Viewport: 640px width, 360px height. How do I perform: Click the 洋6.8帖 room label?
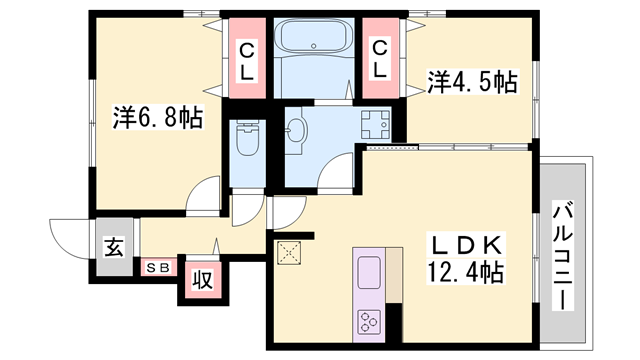[x=158, y=117]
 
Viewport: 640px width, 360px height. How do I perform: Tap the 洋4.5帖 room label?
[x=473, y=82]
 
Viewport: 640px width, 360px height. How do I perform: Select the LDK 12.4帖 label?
[x=466, y=258]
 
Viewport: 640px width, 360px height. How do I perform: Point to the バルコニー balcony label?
[x=563, y=256]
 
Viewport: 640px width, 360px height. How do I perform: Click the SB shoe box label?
[x=158, y=268]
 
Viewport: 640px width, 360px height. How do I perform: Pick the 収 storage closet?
[x=203, y=280]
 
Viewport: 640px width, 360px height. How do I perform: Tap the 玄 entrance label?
[x=114, y=247]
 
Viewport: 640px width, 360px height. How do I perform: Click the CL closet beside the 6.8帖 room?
[x=247, y=58]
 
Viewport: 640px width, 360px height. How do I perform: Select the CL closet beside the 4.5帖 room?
[x=380, y=58]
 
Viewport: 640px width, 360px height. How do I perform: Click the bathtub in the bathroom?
[x=313, y=36]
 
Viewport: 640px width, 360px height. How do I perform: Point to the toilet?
[x=247, y=139]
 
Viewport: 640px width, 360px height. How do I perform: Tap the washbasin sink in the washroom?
[x=296, y=131]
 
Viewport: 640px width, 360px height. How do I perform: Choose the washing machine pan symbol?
[x=375, y=124]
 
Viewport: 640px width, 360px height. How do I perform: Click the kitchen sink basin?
[x=369, y=272]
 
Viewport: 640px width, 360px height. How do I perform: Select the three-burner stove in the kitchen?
[x=369, y=321]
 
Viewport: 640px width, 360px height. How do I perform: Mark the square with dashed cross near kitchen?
[x=289, y=253]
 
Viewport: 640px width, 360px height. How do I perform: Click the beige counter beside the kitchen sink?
[x=394, y=275]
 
